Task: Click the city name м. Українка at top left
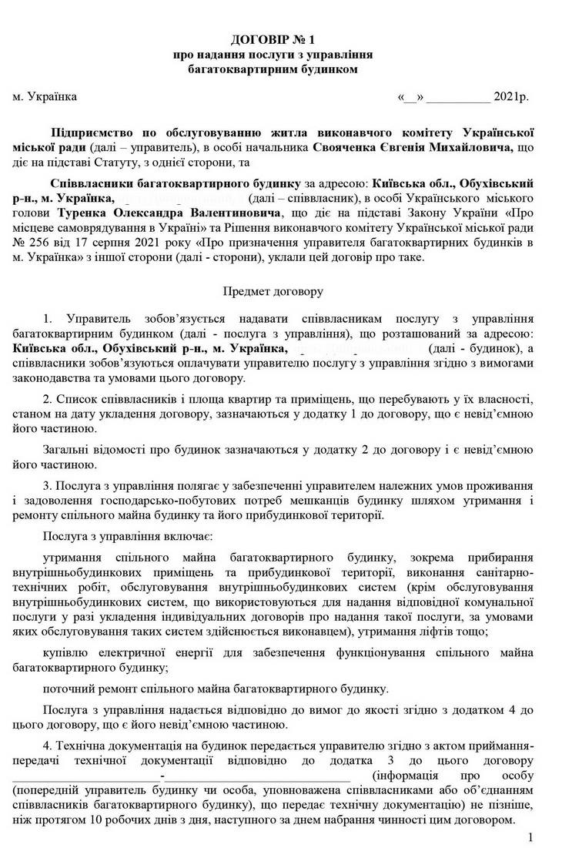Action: point(45,98)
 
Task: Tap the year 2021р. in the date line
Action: point(510,98)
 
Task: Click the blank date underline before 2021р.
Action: point(458,99)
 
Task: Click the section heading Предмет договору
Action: point(274,292)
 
